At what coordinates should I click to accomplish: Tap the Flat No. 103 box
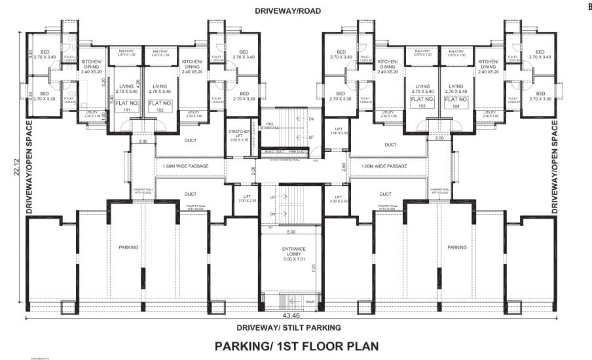tap(422, 102)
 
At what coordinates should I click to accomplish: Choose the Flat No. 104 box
tap(455, 102)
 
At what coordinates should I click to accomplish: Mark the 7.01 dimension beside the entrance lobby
tap(314, 267)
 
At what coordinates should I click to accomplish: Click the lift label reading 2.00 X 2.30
tap(339, 131)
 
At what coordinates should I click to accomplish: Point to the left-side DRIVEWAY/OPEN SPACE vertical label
tap(29, 168)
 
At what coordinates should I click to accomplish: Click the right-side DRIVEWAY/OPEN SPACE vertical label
tap(555, 168)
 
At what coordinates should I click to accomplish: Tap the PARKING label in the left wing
tap(128, 247)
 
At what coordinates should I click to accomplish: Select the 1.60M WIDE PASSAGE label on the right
tap(384, 166)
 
